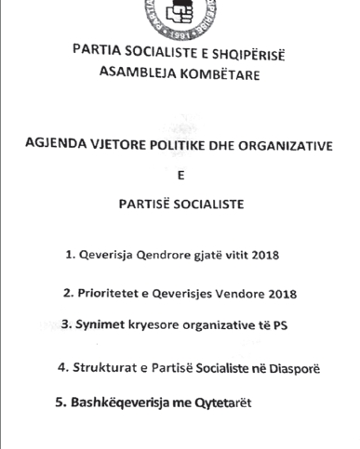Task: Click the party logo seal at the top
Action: [179, 13]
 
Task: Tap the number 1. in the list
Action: [71, 256]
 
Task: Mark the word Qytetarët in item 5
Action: [220, 403]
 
